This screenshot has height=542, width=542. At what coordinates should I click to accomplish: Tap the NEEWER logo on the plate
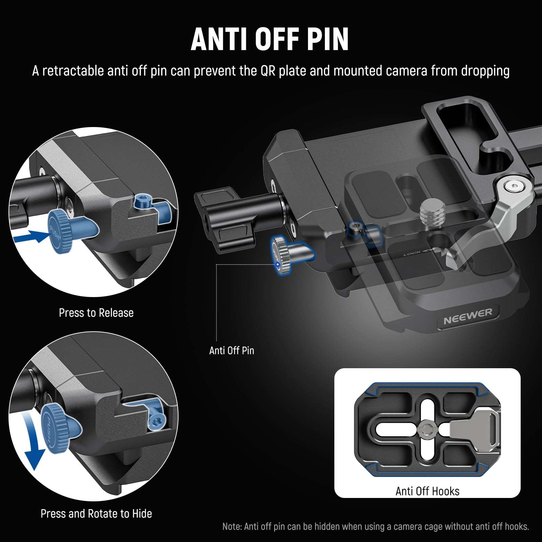click(467, 315)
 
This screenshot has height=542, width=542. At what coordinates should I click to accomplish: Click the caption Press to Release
click(96, 313)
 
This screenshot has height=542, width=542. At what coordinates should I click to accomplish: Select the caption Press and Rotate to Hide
click(96, 514)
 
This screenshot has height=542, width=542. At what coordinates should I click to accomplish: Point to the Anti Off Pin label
click(232, 350)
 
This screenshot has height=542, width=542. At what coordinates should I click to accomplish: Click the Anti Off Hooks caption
click(427, 491)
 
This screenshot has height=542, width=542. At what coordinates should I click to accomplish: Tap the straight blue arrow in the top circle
click(32, 236)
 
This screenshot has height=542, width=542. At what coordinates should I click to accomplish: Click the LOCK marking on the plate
click(412, 253)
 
